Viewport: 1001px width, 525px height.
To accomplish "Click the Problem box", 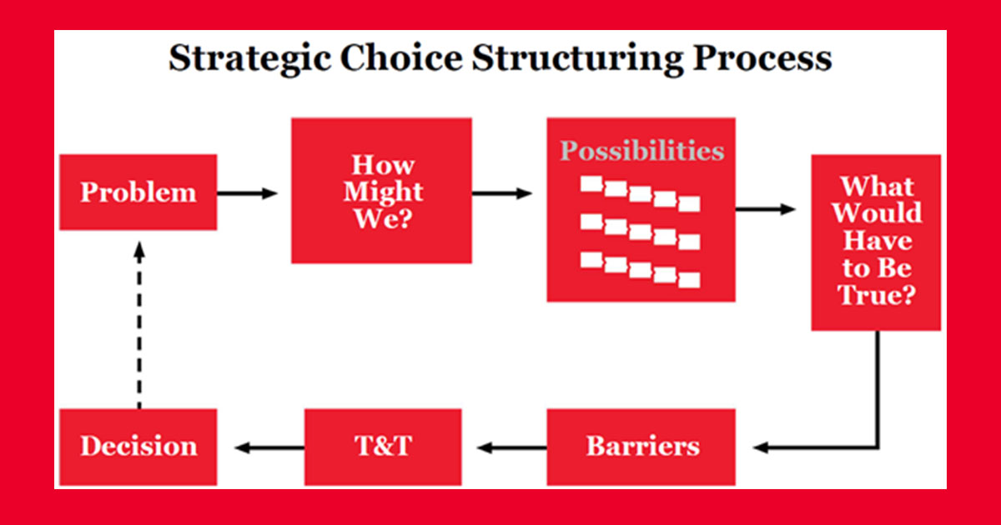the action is coord(138,192).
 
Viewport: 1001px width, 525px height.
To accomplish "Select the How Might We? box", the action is coord(382,191).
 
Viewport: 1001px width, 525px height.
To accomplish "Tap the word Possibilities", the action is coord(642,151).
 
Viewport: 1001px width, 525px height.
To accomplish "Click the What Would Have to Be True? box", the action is coord(877,242).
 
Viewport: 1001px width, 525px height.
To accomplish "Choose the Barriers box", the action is coord(641,447).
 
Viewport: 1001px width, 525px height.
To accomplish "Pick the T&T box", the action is coord(383,447).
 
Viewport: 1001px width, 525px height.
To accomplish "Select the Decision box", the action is coord(138,447).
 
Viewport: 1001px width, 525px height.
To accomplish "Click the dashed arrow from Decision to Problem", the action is coord(139,325).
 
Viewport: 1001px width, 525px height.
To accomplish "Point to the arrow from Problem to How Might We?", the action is coord(248,193).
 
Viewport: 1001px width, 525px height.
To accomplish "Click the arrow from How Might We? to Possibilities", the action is coord(502,193).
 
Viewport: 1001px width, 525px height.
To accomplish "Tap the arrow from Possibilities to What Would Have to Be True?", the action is coord(766,209).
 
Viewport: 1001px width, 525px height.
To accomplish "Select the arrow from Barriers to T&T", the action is coord(511,447).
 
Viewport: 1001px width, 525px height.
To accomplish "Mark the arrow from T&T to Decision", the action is coord(269,447).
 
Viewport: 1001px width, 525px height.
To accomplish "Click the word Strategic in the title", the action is coord(249,59).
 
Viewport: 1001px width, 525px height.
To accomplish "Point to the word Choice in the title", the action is coord(401,57).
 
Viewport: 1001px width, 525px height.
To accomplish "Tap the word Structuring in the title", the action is coord(577,59).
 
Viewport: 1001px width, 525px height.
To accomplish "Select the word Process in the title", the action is coord(762,57).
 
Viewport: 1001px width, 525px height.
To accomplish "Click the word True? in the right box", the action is coord(877,295).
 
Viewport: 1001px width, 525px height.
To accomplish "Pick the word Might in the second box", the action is coord(383,192).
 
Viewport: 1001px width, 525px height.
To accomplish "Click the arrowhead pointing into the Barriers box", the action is coord(761,447).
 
